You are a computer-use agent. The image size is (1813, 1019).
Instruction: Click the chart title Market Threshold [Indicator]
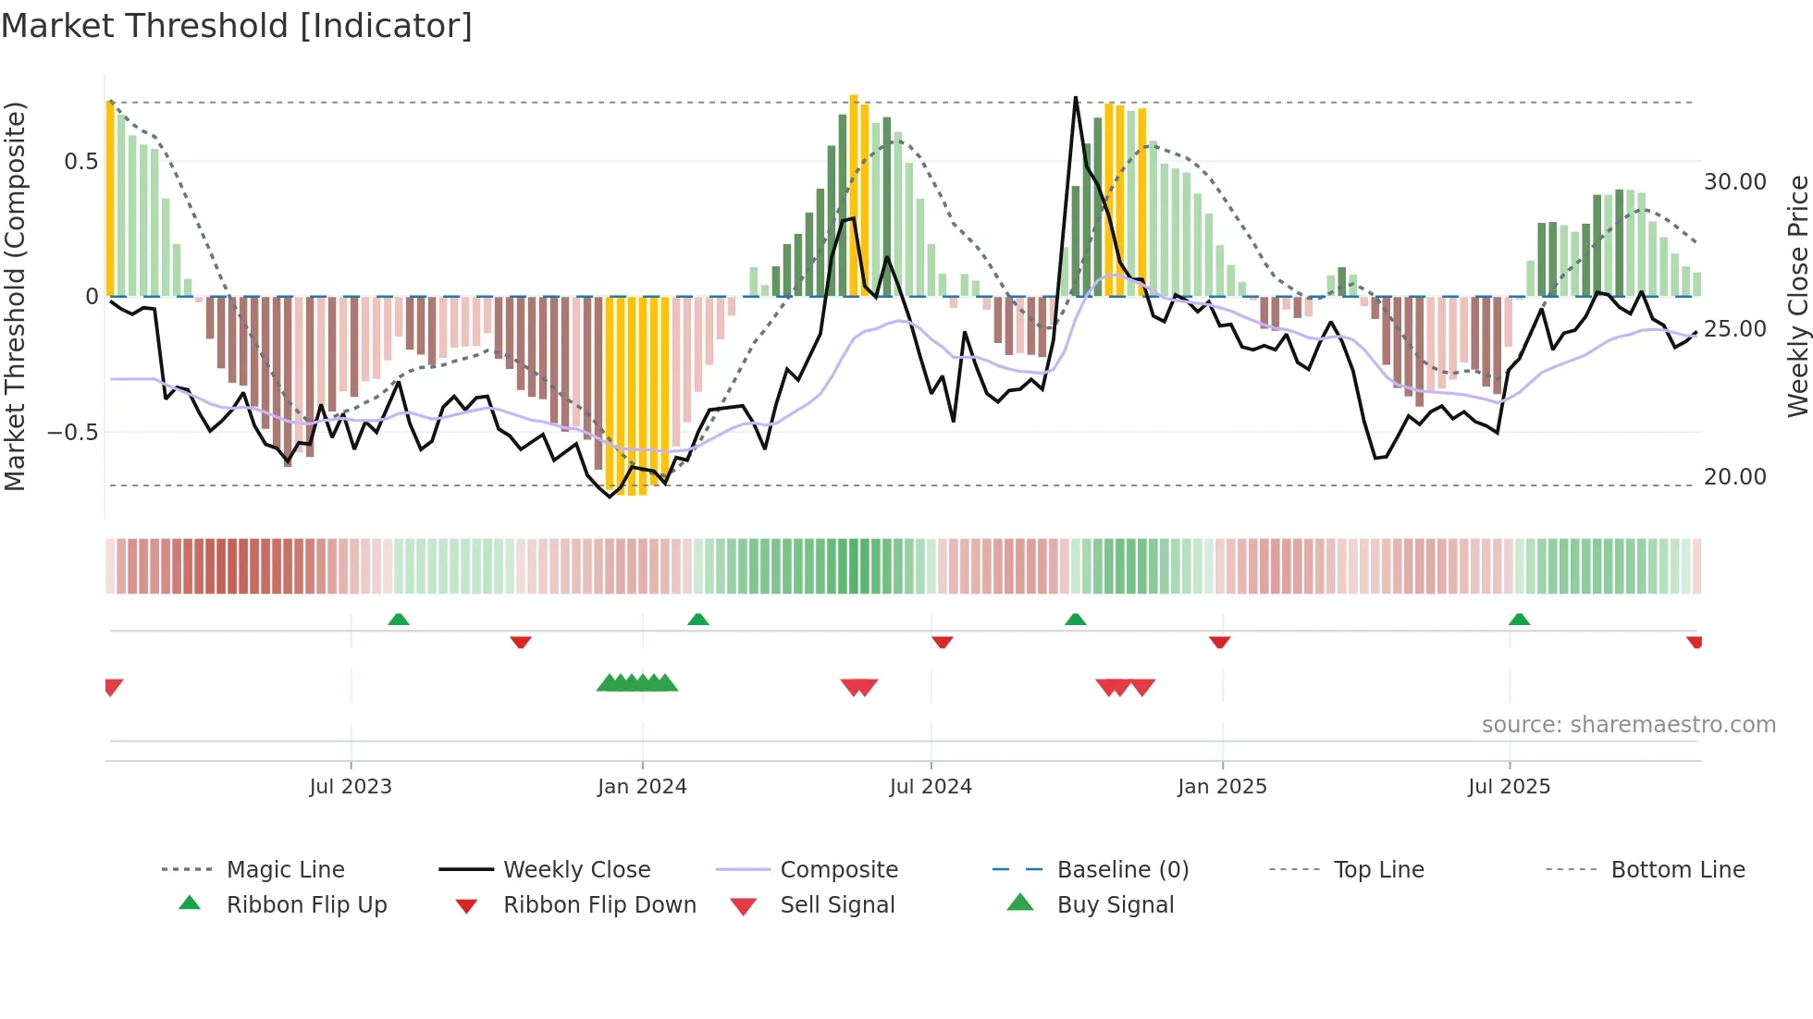click(x=237, y=26)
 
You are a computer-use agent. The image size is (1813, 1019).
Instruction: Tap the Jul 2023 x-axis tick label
click(x=351, y=787)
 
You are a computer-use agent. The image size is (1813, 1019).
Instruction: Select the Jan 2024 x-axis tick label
click(x=642, y=787)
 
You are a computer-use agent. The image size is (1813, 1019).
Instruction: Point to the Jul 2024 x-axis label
click(x=931, y=787)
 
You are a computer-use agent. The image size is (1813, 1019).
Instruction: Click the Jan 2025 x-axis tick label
click(x=1222, y=787)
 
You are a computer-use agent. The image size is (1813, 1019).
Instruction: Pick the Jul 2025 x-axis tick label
click(x=1509, y=787)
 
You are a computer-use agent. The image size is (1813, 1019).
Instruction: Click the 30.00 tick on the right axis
click(x=1735, y=182)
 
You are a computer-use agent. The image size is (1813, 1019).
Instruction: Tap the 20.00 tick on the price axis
click(x=1735, y=477)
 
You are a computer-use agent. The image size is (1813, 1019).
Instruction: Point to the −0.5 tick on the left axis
click(x=72, y=433)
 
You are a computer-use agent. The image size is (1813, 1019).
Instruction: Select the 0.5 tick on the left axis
click(x=80, y=162)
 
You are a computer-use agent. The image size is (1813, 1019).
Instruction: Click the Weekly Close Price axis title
click(x=1797, y=296)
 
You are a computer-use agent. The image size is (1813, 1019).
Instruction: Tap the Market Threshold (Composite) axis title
click(x=15, y=296)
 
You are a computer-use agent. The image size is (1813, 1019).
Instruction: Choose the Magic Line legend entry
click(x=285, y=870)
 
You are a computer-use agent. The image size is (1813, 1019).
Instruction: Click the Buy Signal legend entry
click(x=1115, y=905)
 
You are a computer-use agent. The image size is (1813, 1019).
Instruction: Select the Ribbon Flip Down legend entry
click(x=598, y=905)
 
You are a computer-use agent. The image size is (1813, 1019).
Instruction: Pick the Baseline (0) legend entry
click(x=1122, y=870)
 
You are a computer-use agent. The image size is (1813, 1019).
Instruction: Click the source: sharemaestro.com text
click(x=1628, y=725)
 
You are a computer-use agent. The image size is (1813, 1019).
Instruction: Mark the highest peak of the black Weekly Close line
click(x=1076, y=98)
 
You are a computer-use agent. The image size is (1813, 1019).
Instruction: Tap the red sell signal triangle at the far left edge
click(x=113, y=686)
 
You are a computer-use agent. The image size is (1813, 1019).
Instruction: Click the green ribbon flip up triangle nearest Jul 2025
click(x=1519, y=620)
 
